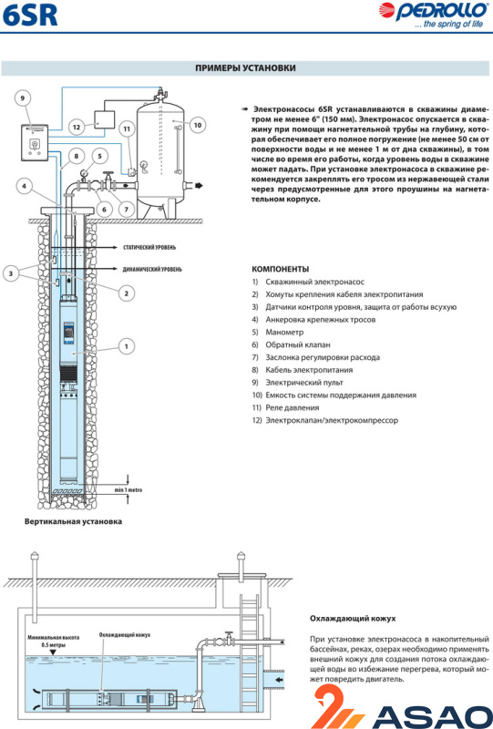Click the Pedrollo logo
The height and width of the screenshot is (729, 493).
[x=433, y=15]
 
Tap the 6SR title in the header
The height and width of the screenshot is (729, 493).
[x=30, y=15]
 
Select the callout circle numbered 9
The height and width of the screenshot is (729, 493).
[x=22, y=98]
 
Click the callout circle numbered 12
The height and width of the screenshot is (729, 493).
[x=77, y=127]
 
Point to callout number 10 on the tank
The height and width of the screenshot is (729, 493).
[x=198, y=125]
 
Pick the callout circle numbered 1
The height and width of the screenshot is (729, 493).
[x=126, y=346]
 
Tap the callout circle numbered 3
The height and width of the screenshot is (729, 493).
[x=11, y=273]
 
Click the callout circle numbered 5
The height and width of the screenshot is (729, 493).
[x=99, y=156]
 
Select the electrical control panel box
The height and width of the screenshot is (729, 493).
[x=36, y=143]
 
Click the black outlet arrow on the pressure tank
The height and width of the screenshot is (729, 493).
[x=200, y=186]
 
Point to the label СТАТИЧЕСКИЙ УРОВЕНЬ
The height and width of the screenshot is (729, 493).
[x=149, y=247]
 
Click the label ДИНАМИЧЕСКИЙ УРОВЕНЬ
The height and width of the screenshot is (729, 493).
[x=152, y=269]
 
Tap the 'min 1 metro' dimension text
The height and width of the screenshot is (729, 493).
[x=128, y=490]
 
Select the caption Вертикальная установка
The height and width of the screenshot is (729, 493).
[x=73, y=521]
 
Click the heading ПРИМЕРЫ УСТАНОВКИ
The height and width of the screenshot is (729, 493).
[x=245, y=67]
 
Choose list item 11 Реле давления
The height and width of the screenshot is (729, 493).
[x=285, y=407]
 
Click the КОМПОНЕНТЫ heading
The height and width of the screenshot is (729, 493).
[x=281, y=269]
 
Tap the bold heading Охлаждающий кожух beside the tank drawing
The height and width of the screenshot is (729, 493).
[x=353, y=619]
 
